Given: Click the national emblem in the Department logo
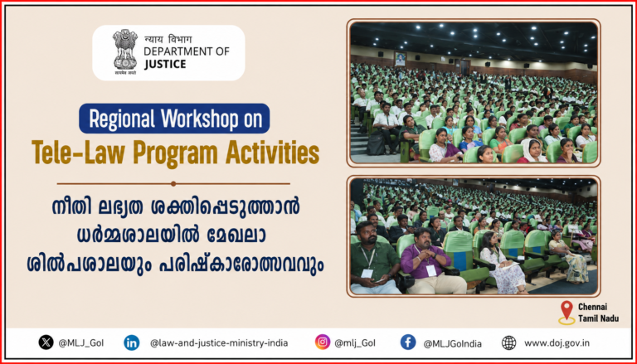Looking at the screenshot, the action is pyautogui.click(x=125, y=52).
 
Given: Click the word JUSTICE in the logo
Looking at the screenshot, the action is pyautogui.click(x=164, y=64).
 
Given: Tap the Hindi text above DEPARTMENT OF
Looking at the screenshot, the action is pyautogui.click(x=168, y=40).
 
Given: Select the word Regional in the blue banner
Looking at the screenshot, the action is pyautogui.click(x=122, y=119).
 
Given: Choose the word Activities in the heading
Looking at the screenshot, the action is pyautogui.click(x=272, y=153).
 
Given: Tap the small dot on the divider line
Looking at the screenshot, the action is pyautogui.click(x=173, y=183).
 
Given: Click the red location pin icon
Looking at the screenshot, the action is pyautogui.click(x=566, y=312).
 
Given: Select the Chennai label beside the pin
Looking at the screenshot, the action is pyautogui.click(x=592, y=307).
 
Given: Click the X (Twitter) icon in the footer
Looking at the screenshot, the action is pyautogui.click(x=46, y=342).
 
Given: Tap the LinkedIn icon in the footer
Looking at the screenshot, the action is pyautogui.click(x=132, y=342).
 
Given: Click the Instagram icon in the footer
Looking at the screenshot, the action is pyautogui.click(x=323, y=342).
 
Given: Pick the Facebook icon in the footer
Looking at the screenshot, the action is pyautogui.click(x=408, y=342).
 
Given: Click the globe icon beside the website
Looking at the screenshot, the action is pyautogui.click(x=508, y=342).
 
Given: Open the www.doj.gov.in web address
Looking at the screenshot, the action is pyautogui.click(x=557, y=343).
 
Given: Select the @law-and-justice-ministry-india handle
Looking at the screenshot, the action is pyautogui.click(x=219, y=343).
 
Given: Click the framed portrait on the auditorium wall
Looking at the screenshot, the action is pyautogui.click(x=400, y=59).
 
